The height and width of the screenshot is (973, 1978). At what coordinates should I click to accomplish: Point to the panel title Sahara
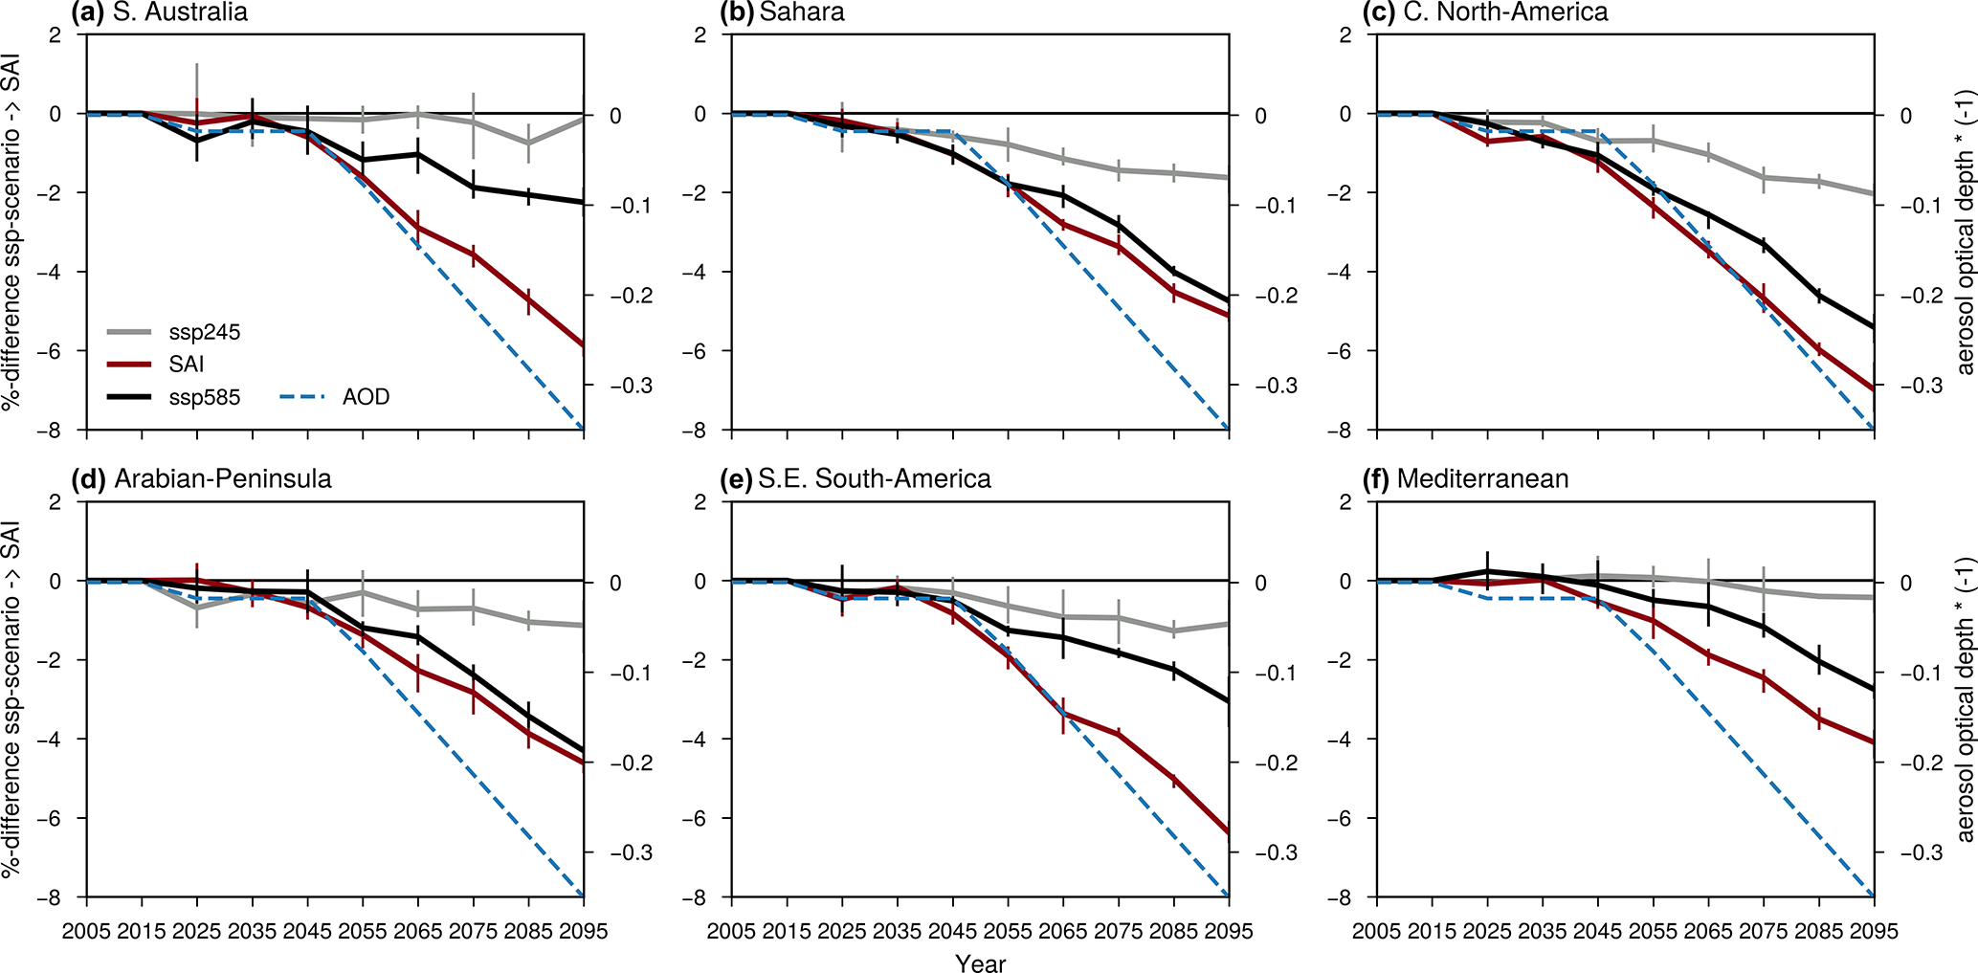[x=802, y=12]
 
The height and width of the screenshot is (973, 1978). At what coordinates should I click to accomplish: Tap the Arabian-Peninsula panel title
[x=222, y=478]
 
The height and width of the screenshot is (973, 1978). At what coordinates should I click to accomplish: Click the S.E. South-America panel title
[x=874, y=478]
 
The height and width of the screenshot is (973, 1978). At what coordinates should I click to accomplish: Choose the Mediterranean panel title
[x=1482, y=478]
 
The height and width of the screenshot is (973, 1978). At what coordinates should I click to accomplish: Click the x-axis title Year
[x=980, y=963]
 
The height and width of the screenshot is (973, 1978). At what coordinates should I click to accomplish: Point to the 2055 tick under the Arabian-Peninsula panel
[x=363, y=931]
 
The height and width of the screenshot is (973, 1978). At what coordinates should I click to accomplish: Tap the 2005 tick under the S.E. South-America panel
[x=732, y=931]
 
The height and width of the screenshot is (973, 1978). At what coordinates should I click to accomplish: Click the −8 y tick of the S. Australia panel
[x=53, y=431]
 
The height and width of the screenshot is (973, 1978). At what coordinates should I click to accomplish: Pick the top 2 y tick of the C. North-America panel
[x=1345, y=35]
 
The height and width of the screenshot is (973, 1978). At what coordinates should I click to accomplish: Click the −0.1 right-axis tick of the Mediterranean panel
[x=1919, y=673]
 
